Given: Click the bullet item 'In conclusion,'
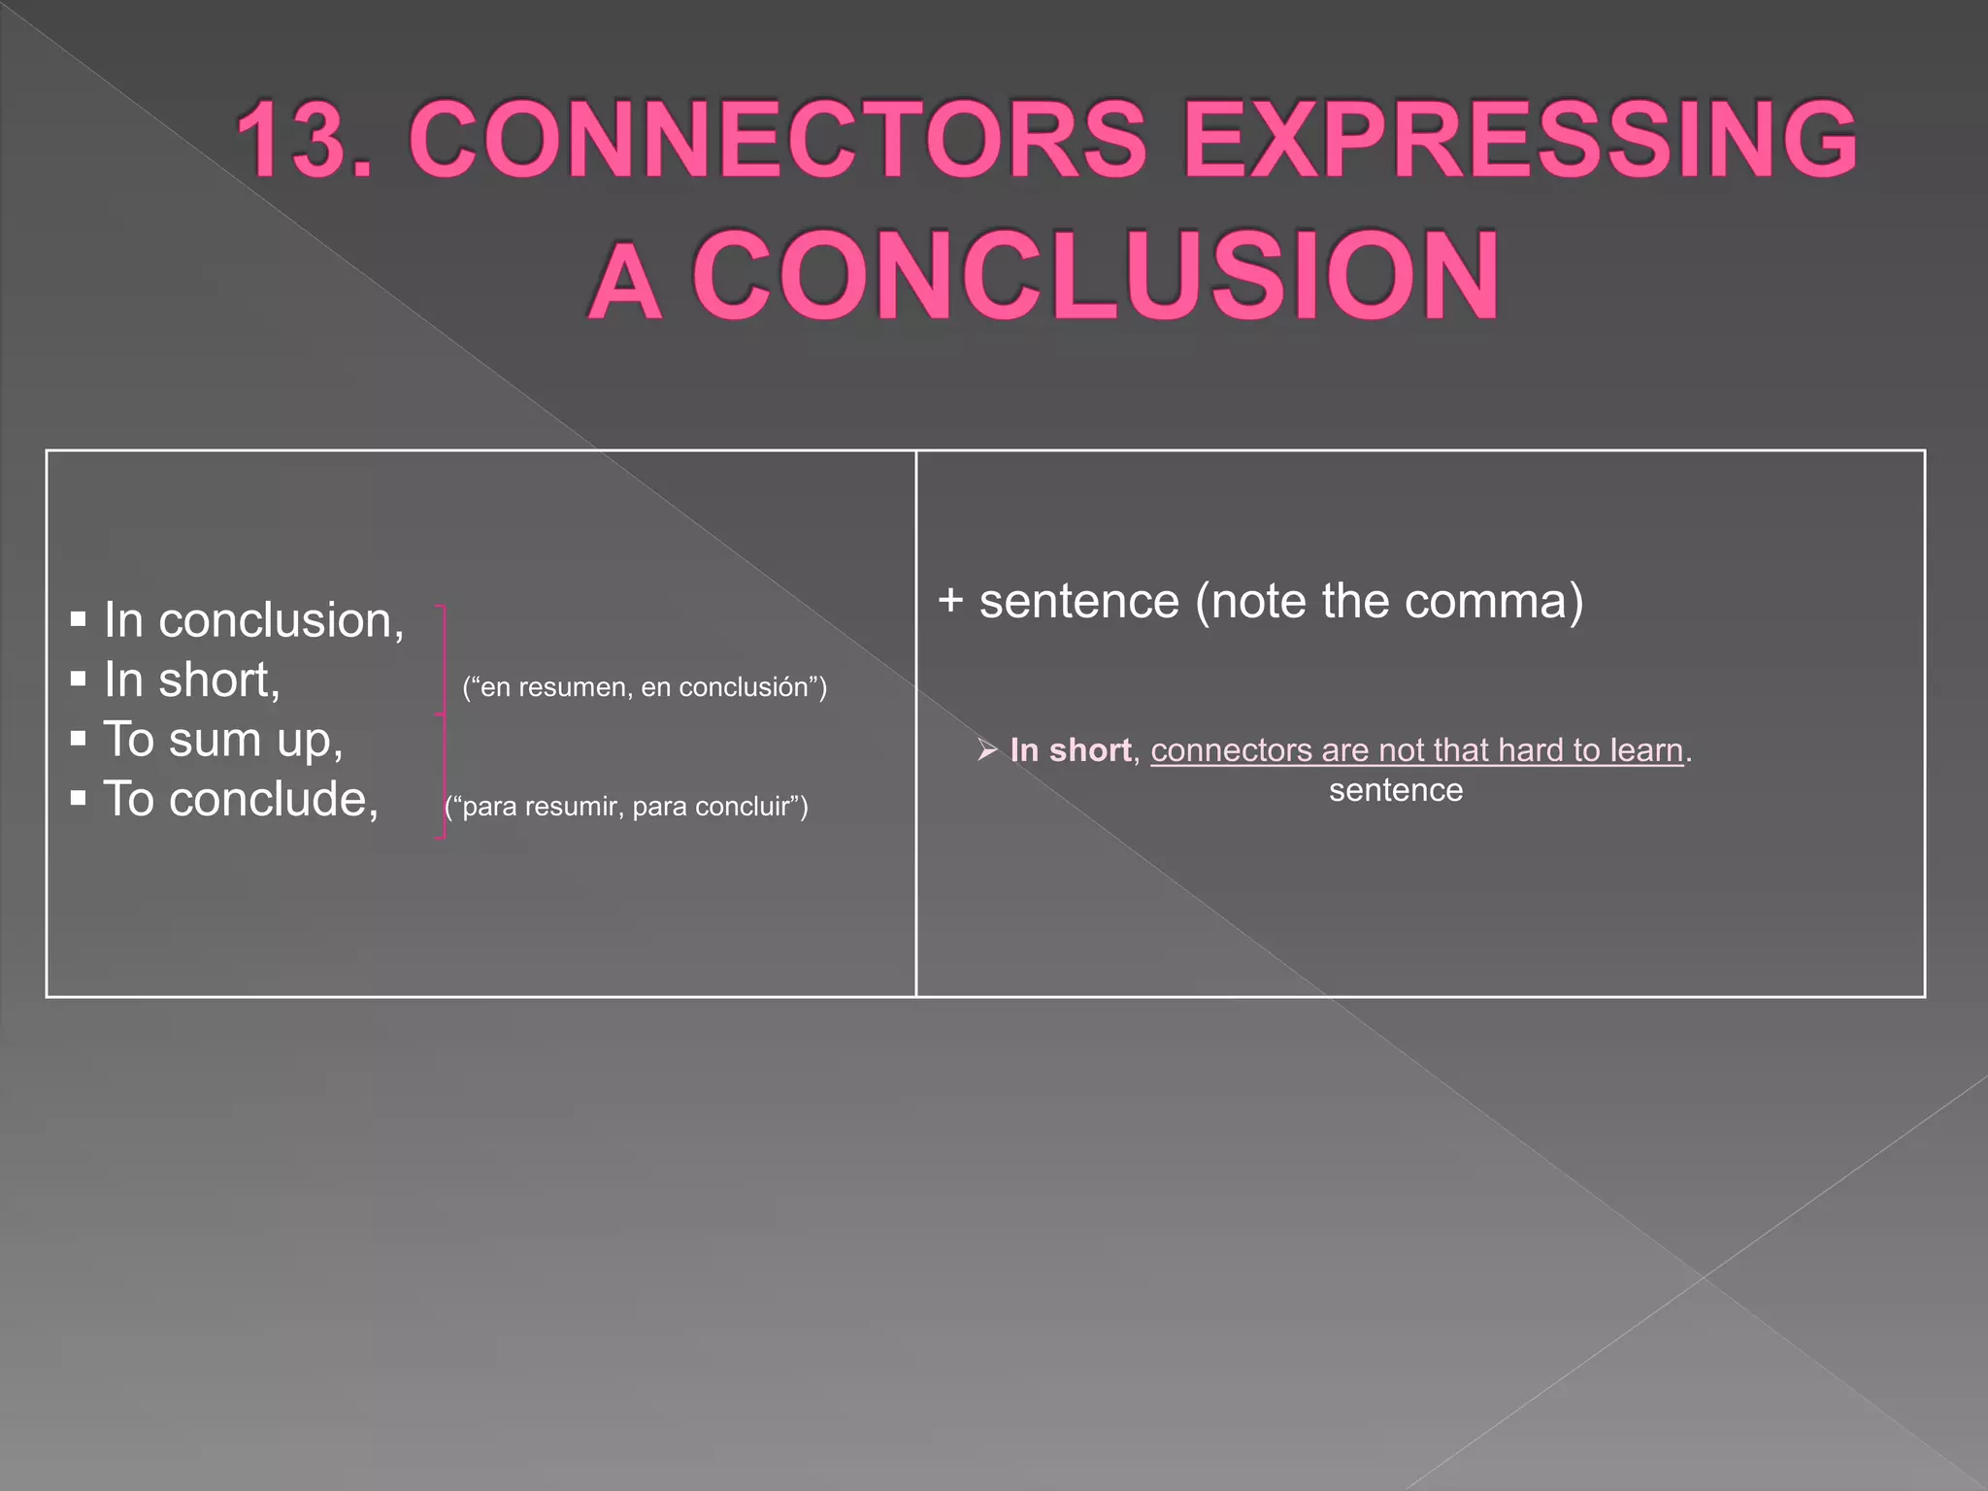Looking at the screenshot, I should pyautogui.click(x=253, y=620).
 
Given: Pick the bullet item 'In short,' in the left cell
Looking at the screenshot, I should pyautogui.click(x=191, y=679).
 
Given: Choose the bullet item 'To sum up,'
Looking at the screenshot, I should pyautogui.click(x=223, y=740).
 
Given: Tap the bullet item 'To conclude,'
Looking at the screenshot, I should pyautogui.click(x=241, y=800).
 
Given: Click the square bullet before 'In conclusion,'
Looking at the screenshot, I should pyautogui.click(x=79, y=620).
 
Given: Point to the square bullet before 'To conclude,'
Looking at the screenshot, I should pyautogui.click(x=79, y=800).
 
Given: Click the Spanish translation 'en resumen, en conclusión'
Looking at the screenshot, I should pyautogui.click(x=645, y=687).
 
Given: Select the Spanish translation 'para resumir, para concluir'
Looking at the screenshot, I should pyautogui.click(x=626, y=807).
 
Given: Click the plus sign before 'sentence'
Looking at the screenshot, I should pyautogui.click(x=950, y=600).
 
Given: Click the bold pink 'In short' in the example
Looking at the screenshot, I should pyautogui.click(x=1070, y=750).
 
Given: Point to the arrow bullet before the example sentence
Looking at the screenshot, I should pyautogui.click(x=987, y=750).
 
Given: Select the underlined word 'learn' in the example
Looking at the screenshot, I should pyautogui.click(x=1646, y=750).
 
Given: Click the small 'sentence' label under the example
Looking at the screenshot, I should pyautogui.click(x=1396, y=790).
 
